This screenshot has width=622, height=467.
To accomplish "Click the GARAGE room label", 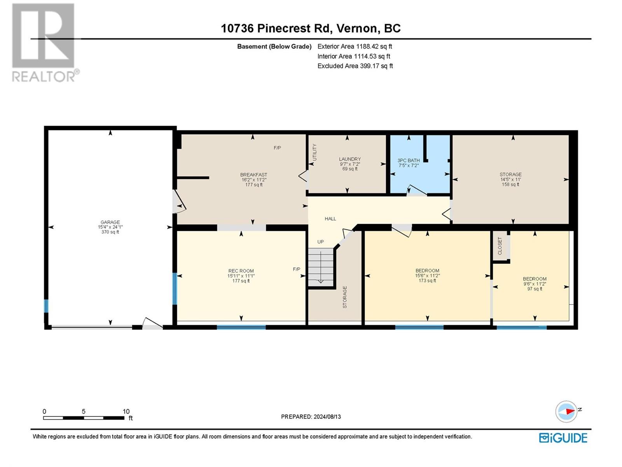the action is tap(110, 222).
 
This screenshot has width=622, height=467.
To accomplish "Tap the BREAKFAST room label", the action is tap(253, 175).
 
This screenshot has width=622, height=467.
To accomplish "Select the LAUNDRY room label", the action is tap(350, 159).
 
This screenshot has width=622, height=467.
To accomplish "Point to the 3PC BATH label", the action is tap(409, 160).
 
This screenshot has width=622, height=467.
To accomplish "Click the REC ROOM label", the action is tap(241, 271).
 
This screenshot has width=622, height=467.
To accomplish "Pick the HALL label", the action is tap(330, 219).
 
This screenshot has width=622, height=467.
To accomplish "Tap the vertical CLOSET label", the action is tap(500, 246).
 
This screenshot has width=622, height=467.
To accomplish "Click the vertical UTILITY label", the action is tap(314, 152).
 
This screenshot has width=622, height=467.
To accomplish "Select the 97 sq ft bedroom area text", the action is tap(535, 289).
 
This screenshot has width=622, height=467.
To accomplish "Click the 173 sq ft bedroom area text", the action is tap(427, 281).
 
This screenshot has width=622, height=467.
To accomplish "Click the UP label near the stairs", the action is tap(320, 242).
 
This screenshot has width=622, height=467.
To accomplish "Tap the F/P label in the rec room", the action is tap(296, 269).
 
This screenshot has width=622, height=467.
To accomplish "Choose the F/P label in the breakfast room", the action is tap(277, 148).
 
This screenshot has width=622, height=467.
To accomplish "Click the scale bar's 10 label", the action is tap(126, 411).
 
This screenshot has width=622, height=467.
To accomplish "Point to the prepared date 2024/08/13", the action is tap(327, 417).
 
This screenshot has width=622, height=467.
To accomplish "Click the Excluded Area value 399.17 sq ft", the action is tap(376, 66).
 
